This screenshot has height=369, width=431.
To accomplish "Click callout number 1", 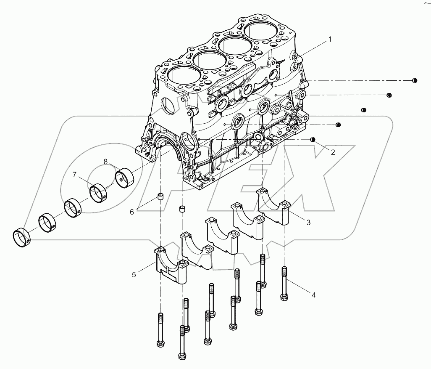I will [x=330, y=39].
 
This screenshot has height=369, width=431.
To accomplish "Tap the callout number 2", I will [x=333, y=152].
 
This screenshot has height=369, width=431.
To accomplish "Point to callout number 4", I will [x=313, y=295].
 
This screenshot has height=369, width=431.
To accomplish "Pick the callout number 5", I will [x=134, y=274].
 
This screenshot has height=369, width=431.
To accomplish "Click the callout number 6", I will [x=131, y=212].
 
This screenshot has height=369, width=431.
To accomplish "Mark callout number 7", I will [x=74, y=175].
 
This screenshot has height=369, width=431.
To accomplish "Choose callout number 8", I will [x=105, y=161].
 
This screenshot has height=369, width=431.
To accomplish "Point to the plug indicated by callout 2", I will [x=313, y=139].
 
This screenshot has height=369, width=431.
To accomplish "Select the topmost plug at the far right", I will [x=414, y=80].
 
